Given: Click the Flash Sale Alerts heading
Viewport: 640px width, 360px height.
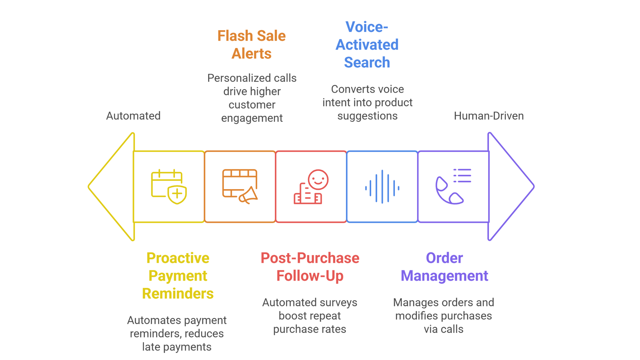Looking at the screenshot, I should (252, 44).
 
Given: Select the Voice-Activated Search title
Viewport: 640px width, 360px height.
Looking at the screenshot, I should (367, 44).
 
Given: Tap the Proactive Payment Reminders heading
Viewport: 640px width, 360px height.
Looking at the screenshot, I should (178, 276).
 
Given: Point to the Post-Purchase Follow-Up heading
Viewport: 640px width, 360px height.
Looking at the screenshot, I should (310, 267).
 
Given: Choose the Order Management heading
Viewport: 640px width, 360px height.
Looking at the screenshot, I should (444, 267).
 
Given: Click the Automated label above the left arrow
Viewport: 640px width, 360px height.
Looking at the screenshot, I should (133, 116).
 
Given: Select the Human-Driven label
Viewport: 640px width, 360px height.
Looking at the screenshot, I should (489, 116).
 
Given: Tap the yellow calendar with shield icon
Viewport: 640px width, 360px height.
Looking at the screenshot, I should (169, 187).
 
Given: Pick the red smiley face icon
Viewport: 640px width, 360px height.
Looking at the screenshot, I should (318, 180).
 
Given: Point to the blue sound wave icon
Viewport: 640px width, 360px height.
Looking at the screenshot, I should (382, 187).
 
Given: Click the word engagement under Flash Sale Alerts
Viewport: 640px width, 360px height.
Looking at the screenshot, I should (252, 118).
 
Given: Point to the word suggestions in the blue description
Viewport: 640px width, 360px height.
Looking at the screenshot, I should (367, 116).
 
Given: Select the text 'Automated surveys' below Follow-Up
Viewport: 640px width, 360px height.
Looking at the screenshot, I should (309, 302).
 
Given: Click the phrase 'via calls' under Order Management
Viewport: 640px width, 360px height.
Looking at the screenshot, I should (444, 329).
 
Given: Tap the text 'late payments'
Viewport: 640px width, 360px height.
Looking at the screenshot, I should (177, 347).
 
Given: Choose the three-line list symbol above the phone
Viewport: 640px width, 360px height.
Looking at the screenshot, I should (462, 176).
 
